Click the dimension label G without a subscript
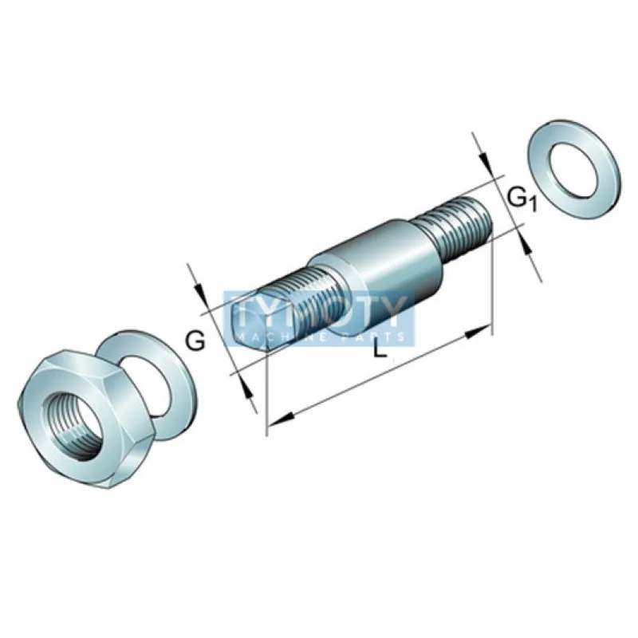[195, 341]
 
